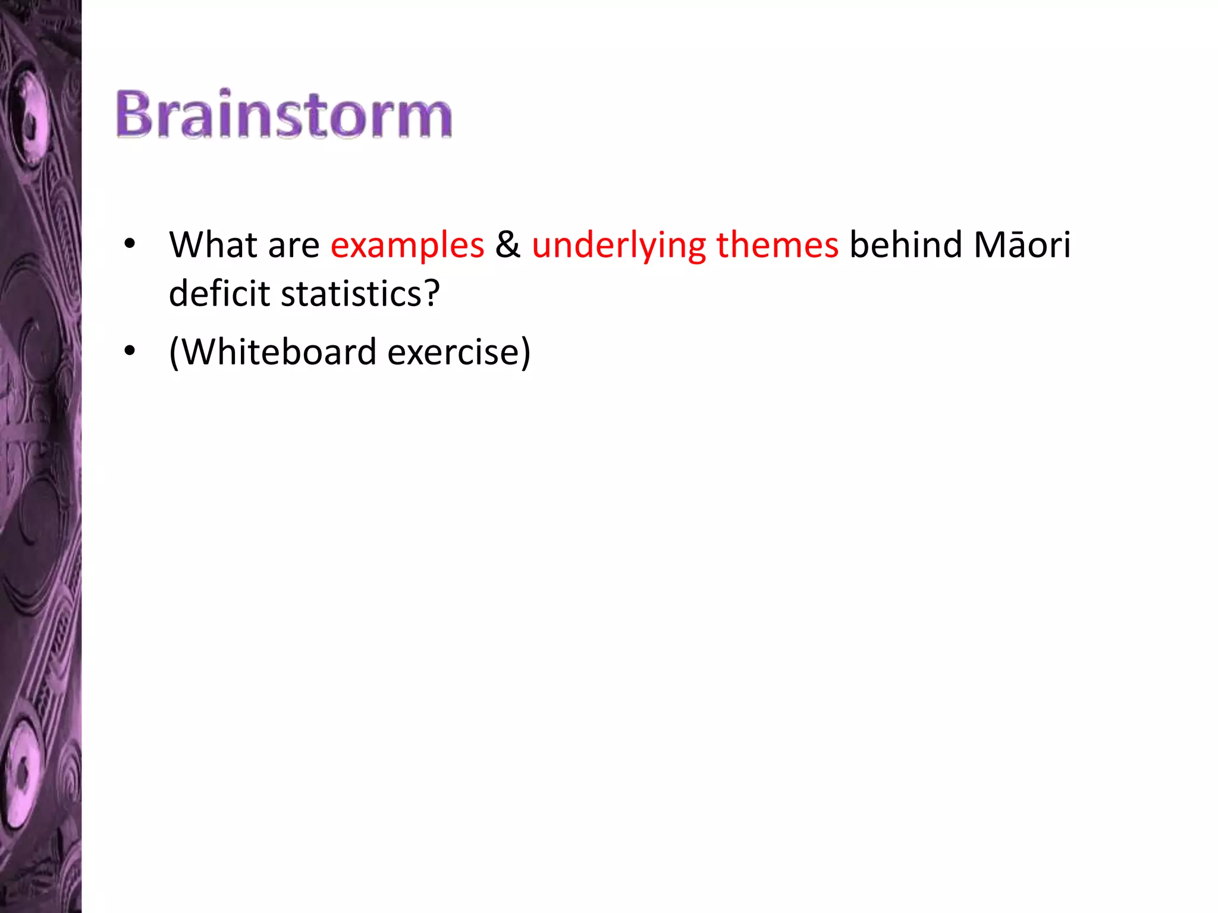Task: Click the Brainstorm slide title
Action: (x=284, y=114)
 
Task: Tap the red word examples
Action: (x=407, y=246)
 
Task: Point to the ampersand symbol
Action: (x=508, y=245)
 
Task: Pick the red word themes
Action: (x=777, y=245)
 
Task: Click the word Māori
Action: (x=1022, y=245)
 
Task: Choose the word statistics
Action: (x=351, y=294)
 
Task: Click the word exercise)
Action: (x=459, y=352)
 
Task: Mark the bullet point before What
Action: (x=130, y=244)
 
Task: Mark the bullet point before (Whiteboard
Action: (x=130, y=351)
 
